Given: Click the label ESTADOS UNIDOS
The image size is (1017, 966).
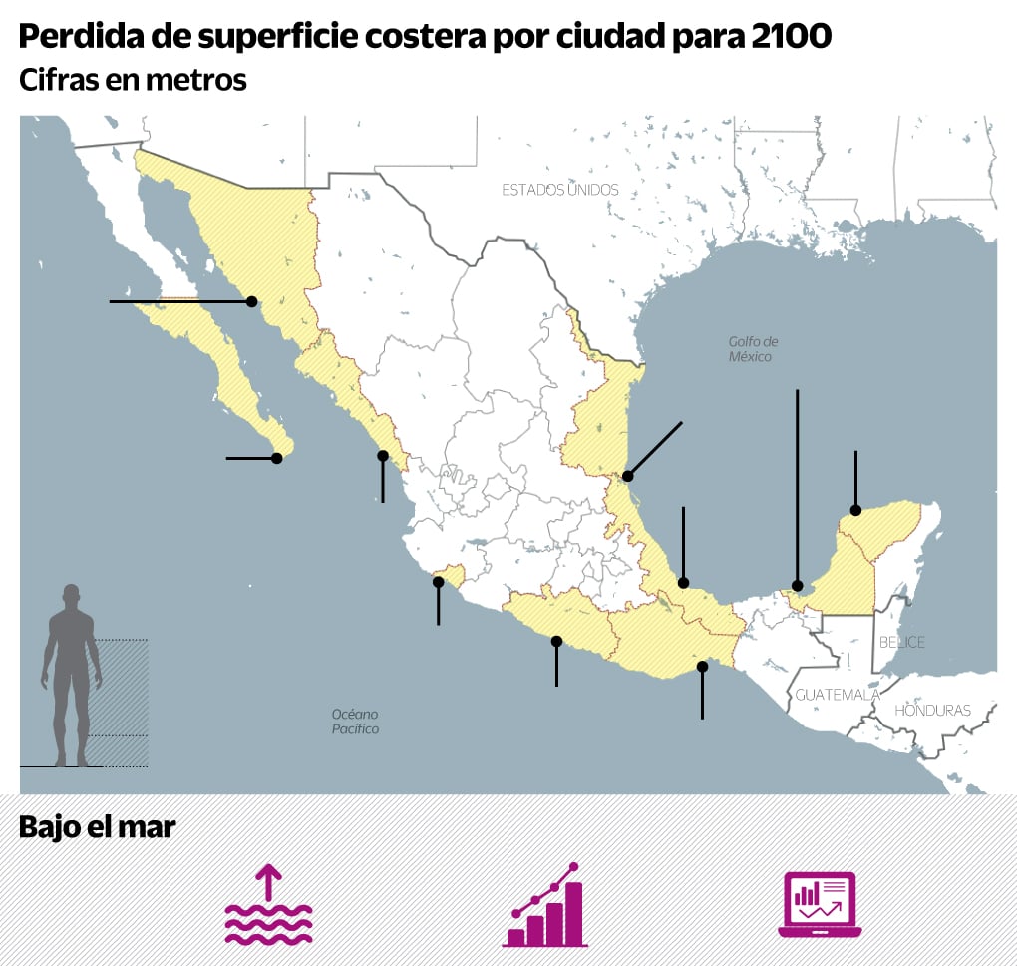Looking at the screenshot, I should point(559,189).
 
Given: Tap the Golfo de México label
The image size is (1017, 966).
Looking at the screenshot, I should point(750,348).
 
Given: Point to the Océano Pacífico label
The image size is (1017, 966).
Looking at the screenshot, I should point(355,722).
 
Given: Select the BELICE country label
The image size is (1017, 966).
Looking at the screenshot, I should point(901,642).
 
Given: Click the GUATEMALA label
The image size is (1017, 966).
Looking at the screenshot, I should point(837,694).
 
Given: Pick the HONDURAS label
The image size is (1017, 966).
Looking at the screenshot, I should point(932,711).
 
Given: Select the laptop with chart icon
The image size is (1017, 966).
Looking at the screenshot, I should point(820,905).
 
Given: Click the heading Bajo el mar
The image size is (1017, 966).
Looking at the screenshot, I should point(97,827).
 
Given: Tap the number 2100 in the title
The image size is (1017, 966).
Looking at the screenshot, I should point(786,37).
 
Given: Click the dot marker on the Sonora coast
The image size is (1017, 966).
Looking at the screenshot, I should point(252,301).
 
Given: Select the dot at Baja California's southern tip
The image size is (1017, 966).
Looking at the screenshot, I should point(277,458).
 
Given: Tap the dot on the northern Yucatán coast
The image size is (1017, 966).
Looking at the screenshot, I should point(855,511).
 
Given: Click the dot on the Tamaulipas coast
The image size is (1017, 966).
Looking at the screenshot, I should point(627,476).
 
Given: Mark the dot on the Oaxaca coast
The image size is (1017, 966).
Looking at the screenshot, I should point(703,666).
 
